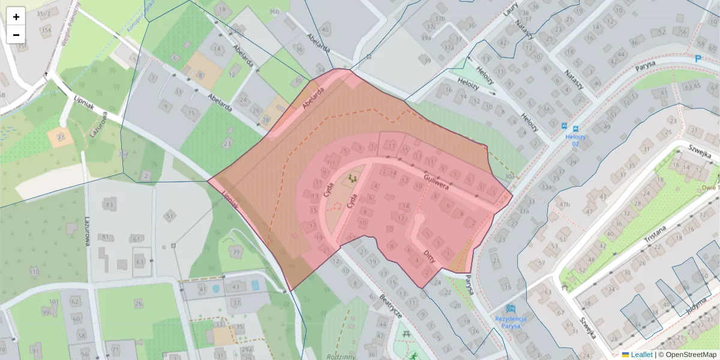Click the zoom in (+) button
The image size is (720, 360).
[16, 17]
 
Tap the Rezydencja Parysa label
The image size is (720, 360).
[511, 319]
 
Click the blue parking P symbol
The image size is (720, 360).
[697, 59]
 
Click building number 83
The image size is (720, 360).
[109, 205]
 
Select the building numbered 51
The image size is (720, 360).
[170, 215]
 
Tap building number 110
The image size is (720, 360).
[34, 272]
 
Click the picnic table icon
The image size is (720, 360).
[407, 334]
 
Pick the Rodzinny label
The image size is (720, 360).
[343, 356]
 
